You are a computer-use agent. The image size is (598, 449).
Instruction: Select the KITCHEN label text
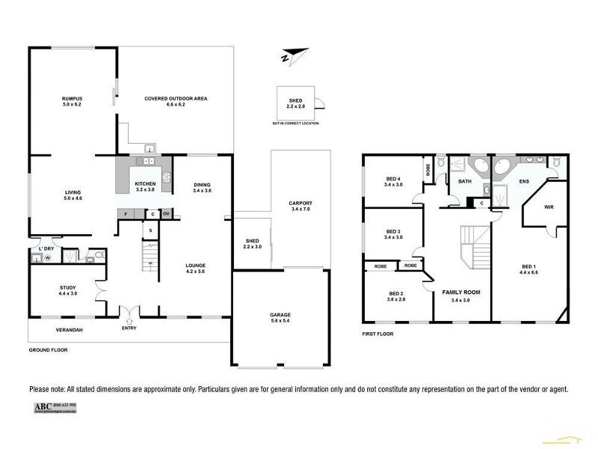coord(145,183)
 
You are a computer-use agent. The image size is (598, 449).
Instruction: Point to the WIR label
coord(548,207)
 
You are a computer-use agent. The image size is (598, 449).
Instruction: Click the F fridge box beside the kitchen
coord(127,214)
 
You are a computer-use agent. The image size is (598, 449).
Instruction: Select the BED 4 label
coord(393,179)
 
